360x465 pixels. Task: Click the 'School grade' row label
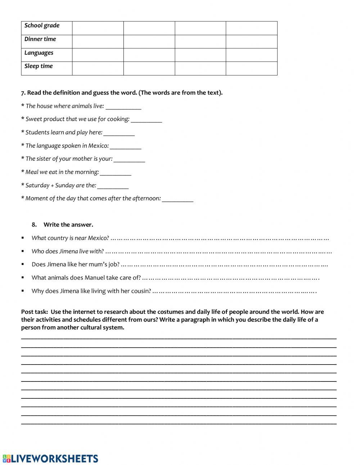(42, 26)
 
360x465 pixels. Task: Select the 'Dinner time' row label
(40, 39)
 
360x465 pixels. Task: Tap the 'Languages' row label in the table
(39, 53)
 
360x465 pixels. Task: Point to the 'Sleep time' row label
(38, 66)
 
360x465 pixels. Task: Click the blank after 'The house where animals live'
(123, 107)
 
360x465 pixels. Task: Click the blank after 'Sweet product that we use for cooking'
(146, 120)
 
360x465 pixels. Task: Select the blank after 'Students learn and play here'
(119, 133)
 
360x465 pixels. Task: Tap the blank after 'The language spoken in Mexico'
(125, 147)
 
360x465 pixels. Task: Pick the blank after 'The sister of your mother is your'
(129, 160)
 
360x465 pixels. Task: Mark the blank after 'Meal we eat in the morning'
(115, 173)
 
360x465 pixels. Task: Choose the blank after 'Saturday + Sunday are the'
(113, 186)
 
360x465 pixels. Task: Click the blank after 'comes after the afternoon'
(177, 199)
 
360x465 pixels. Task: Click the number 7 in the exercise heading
(23, 93)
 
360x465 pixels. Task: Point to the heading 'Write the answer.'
(68, 225)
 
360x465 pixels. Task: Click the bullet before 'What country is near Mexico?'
(23, 238)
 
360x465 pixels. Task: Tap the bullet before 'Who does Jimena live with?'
(23, 251)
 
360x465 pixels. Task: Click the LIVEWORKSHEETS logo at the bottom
(50, 458)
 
